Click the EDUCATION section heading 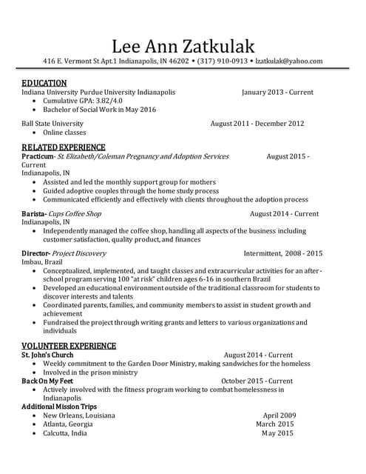44,83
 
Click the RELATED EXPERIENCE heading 64,147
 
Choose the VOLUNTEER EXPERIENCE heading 69,346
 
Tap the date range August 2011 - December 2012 257,124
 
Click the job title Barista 33,213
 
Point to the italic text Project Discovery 81,253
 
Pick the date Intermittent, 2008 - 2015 283,253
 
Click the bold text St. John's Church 47,355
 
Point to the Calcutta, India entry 65,433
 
